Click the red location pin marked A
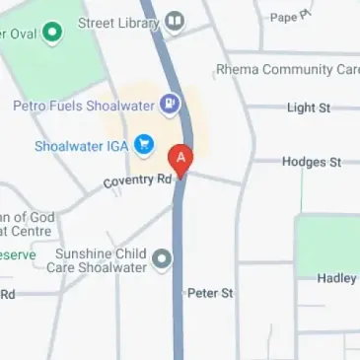[x=180, y=158]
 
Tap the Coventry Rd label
[x=138, y=181]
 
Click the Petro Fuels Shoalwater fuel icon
[x=171, y=103]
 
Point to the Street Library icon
[x=175, y=21]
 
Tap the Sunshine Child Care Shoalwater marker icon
[x=163, y=260]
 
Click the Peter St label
[x=210, y=293]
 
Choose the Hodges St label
[x=311, y=162]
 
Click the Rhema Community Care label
[x=286, y=70]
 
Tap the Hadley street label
[x=336, y=278]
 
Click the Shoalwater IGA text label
[x=81, y=147]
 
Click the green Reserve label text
[x=18, y=254]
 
